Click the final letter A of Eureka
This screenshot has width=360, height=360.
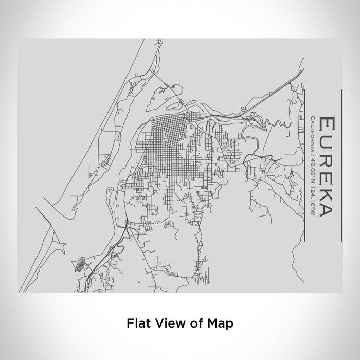coord(326,211)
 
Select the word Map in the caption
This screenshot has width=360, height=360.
coord(220,323)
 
